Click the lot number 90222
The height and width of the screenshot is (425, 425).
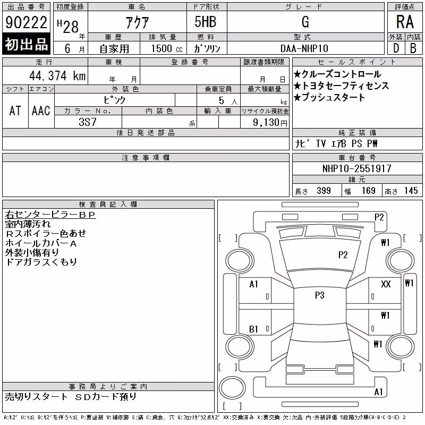tap(26, 22)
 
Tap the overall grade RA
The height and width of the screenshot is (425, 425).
tap(405, 22)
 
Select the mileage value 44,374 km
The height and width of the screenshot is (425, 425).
tap(57, 75)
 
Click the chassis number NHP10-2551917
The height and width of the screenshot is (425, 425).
tap(356, 168)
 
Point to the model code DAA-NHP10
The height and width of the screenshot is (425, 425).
tap(304, 48)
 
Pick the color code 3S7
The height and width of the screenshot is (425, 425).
tap(88, 122)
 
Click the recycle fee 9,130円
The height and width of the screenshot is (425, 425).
tap(270, 123)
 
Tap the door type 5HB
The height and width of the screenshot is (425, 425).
tap(206, 22)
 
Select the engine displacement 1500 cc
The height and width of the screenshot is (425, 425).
tap(167, 48)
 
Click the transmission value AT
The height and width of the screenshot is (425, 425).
tap(15, 111)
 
